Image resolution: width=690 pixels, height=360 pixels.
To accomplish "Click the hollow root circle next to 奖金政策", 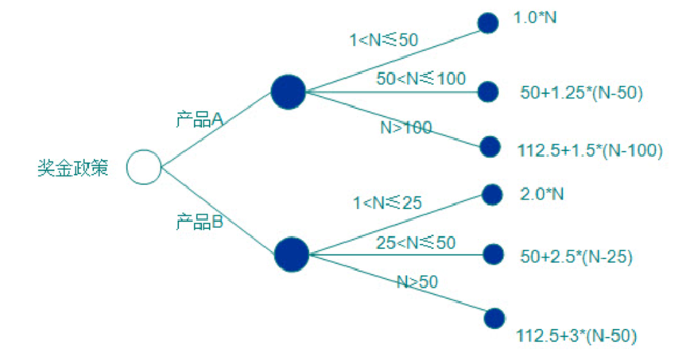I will coord(144,167).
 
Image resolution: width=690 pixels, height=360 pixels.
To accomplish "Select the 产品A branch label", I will coord(200,119).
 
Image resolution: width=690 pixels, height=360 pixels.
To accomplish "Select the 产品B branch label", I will coord(200,221).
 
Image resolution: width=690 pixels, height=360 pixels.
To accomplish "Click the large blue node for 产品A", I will coord(288,91).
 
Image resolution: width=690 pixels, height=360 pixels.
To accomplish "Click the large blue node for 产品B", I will coord(291,254).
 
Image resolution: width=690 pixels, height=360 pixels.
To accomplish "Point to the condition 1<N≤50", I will coord(384,40).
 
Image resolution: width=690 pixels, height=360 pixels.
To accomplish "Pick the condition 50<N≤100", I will coord(421,79).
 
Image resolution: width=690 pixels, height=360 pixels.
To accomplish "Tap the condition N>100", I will coord(405,127).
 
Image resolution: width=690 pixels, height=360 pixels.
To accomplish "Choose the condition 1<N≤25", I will coord(387,203).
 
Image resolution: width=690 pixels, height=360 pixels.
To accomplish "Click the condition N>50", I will coord(417,281).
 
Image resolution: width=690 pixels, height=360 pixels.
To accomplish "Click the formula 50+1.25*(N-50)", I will coord(581,93).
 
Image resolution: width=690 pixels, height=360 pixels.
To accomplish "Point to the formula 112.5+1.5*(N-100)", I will coord(588,150).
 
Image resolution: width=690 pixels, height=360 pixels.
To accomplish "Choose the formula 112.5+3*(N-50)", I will coord(577,335).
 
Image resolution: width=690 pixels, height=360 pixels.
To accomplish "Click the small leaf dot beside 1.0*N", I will coord(487,22).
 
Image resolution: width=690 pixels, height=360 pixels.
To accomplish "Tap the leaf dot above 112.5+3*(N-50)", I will coord(494,318).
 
